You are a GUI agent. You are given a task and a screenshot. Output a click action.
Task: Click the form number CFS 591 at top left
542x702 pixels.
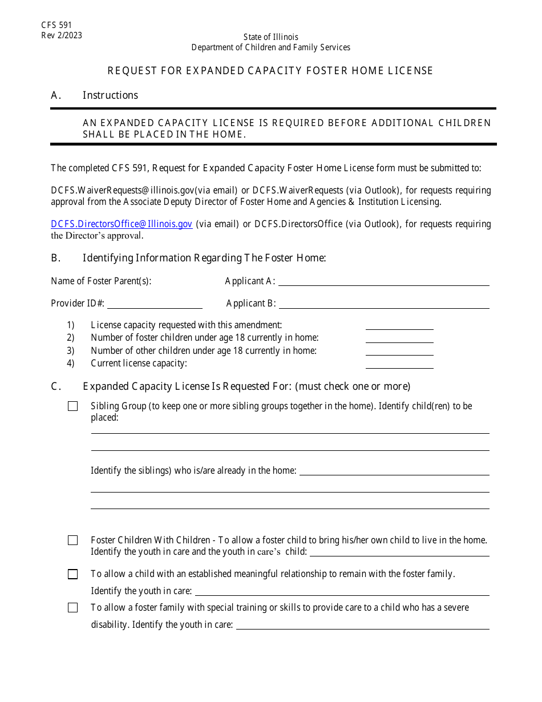coord(56,25)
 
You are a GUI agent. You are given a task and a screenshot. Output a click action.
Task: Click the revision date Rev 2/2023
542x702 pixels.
coord(62,35)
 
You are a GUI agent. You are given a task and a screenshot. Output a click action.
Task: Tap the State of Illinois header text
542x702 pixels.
coord(270,37)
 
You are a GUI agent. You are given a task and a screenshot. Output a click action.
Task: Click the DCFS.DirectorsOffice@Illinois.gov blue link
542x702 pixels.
coord(122,224)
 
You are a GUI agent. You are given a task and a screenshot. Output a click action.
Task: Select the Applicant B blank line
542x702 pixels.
coord(383,304)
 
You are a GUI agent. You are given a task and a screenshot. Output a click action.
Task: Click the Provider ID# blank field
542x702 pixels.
coord(155,304)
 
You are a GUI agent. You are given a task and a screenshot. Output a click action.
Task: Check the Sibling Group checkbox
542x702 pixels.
coord(73,406)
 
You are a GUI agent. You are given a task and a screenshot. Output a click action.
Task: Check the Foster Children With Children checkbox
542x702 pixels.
coord(73,540)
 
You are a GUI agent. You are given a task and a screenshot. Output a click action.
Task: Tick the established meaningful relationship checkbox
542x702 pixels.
coord(73,574)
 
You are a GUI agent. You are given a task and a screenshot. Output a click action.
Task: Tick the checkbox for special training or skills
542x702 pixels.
coord(73,608)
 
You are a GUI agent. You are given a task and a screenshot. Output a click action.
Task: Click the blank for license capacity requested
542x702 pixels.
coord(399,325)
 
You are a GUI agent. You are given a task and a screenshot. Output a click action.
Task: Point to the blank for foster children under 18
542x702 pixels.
coord(399,338)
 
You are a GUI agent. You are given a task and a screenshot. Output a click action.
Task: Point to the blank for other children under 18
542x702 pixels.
coord(399,351)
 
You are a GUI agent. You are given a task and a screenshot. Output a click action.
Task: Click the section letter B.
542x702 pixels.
coord(55,258)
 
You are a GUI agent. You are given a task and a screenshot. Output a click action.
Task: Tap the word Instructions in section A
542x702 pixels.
coord(110,95)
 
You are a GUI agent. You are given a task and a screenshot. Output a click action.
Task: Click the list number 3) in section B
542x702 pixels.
coord(70,351)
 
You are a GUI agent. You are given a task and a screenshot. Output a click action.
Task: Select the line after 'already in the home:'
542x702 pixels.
coord(394,471)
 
